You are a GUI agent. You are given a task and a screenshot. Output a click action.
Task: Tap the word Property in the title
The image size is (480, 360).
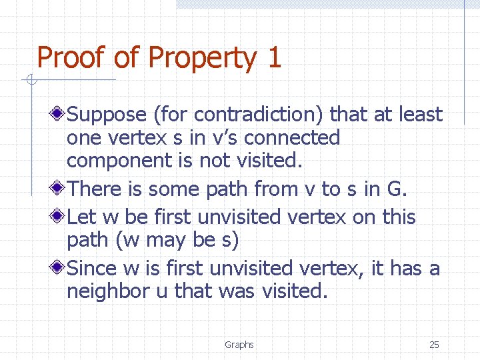coord(201,59)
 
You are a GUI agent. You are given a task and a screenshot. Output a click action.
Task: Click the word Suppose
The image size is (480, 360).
coord(107,115)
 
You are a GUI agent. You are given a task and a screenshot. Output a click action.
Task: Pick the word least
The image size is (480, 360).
coord(420,115)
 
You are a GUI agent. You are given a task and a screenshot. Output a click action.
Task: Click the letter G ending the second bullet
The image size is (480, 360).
coord(395,189)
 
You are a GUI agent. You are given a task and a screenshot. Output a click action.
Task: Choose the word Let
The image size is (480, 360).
coord(82,217)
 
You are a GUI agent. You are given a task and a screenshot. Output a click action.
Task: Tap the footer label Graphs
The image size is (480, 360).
coord(239,345)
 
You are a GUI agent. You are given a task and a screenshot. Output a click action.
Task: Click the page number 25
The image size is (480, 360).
coord(434,345)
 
